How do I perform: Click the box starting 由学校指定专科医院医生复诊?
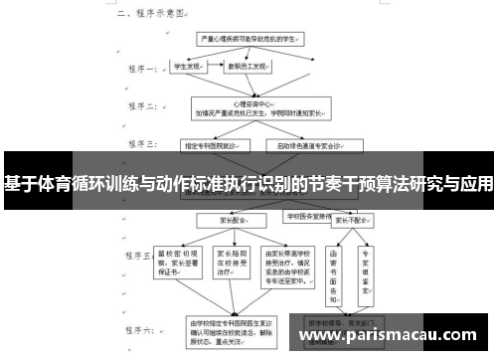tap(231, 328)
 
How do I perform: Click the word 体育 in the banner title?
tap(59, 184)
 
